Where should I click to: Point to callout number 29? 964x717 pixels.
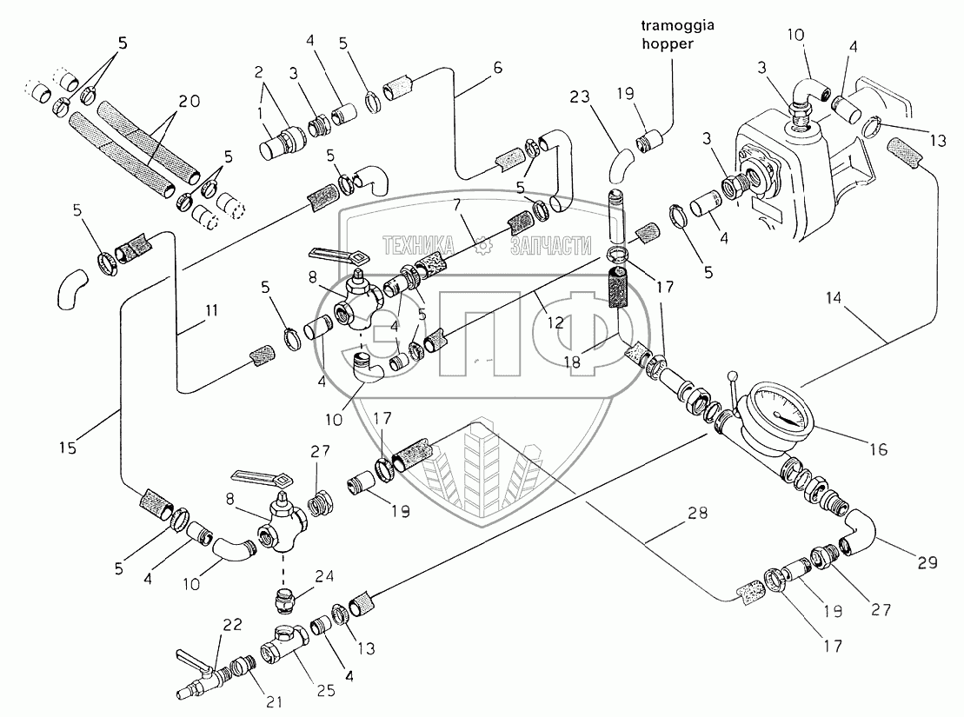[x=927, y=562]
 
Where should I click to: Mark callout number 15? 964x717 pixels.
[x=68, y=448]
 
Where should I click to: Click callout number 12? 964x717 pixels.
[x=556, y=322]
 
